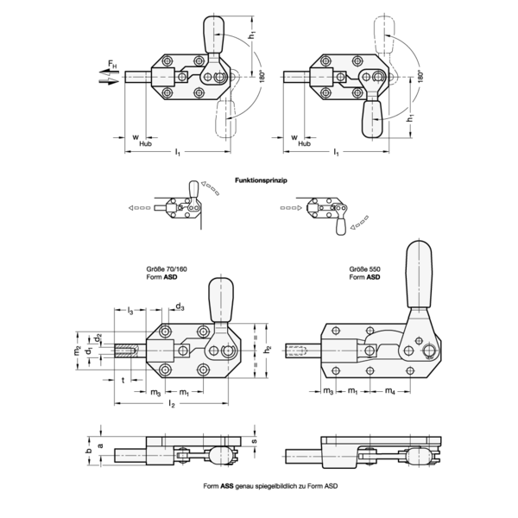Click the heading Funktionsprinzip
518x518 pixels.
pos(261,180)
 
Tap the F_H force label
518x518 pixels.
pos(112,64)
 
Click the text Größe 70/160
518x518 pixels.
pos(167,269)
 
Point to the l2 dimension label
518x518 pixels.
pos(172,404)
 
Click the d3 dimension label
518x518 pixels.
pos(180,306)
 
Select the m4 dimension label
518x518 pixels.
pos(390,391)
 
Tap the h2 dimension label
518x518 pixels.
pos(268,350)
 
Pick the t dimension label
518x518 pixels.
pos(123,380)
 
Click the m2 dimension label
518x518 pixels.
pos(77,351)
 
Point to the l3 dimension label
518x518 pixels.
pos(130,311)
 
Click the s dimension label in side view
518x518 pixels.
pos(255,441)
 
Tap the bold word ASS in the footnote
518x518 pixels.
pos(227,486)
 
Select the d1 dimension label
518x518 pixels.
pos(89,351)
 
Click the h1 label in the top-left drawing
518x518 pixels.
pos(252,35)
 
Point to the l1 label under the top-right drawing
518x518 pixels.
pos(336,152)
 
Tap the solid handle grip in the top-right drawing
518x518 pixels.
pos(372,119)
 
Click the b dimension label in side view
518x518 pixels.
pos(89,451)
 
